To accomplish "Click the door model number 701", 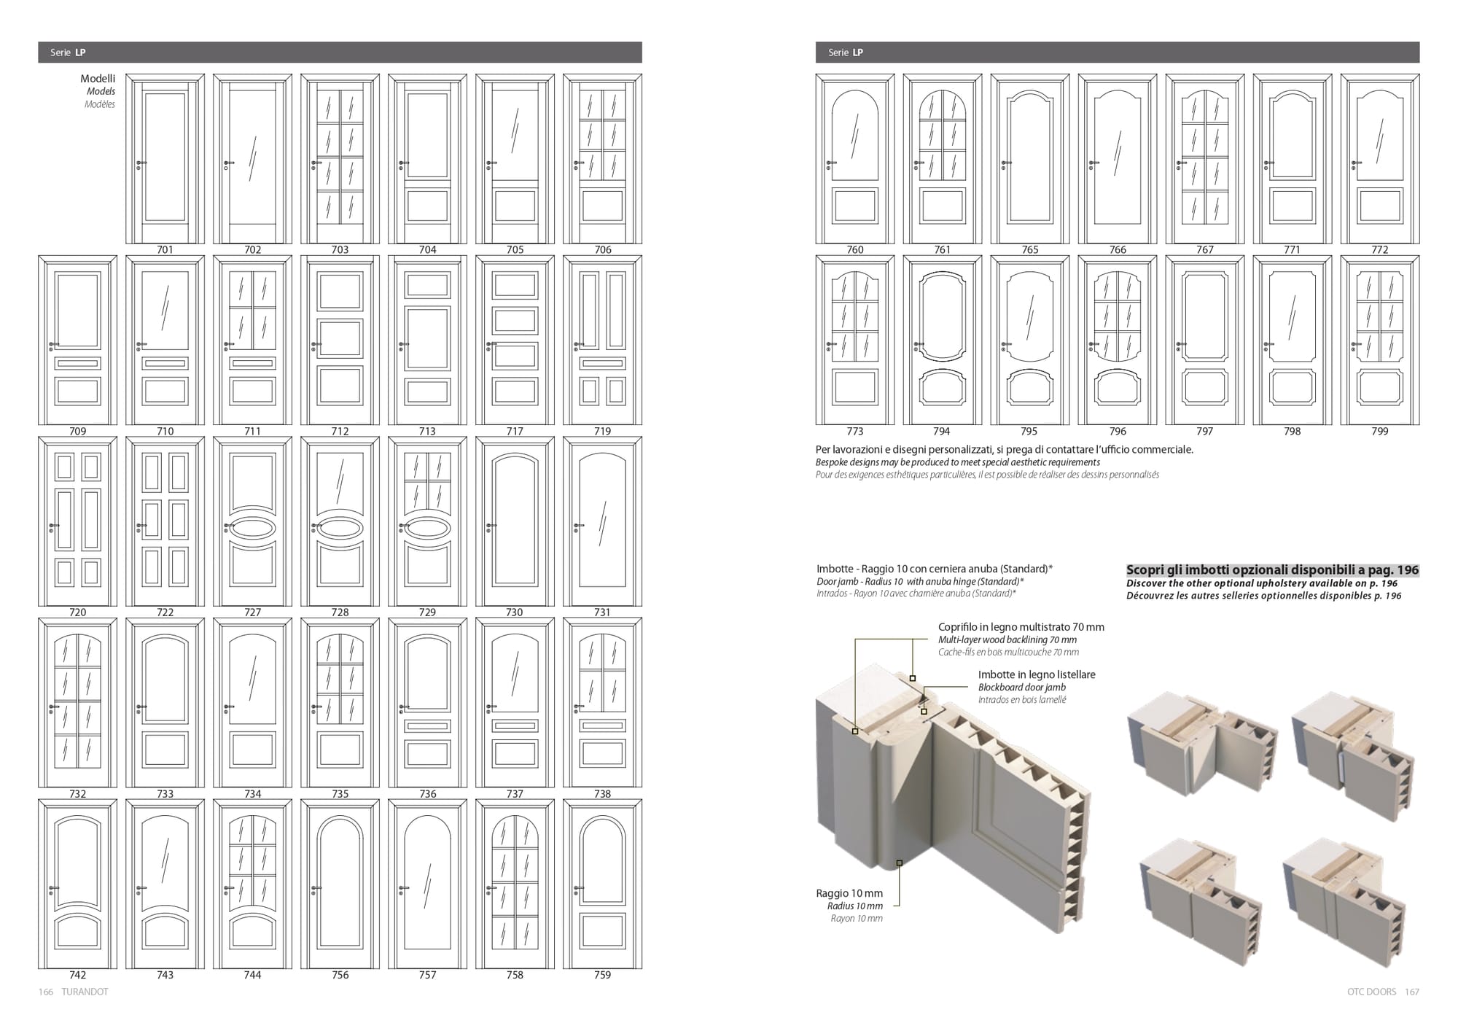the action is [165, 249].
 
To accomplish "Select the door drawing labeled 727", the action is [252, 521].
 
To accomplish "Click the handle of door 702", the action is [229, 163].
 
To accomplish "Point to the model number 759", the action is [602, 975].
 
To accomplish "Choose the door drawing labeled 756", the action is [340, 884].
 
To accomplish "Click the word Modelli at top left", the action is [98, 79].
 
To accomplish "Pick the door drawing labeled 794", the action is [943, 340].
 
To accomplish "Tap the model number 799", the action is [1380, 431].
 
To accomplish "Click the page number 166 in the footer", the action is [46, 992].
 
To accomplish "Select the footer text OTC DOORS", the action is [1372, 992].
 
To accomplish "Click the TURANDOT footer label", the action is [85, 992].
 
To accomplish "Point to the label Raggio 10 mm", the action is [849, 893].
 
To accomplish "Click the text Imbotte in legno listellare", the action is [1037, 674].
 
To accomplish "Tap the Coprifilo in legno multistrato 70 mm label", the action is [1021, 627].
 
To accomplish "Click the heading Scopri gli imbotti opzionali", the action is [1272, 570].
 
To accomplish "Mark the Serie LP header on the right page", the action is [846, 52].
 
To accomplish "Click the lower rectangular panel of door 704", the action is [427, 206].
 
